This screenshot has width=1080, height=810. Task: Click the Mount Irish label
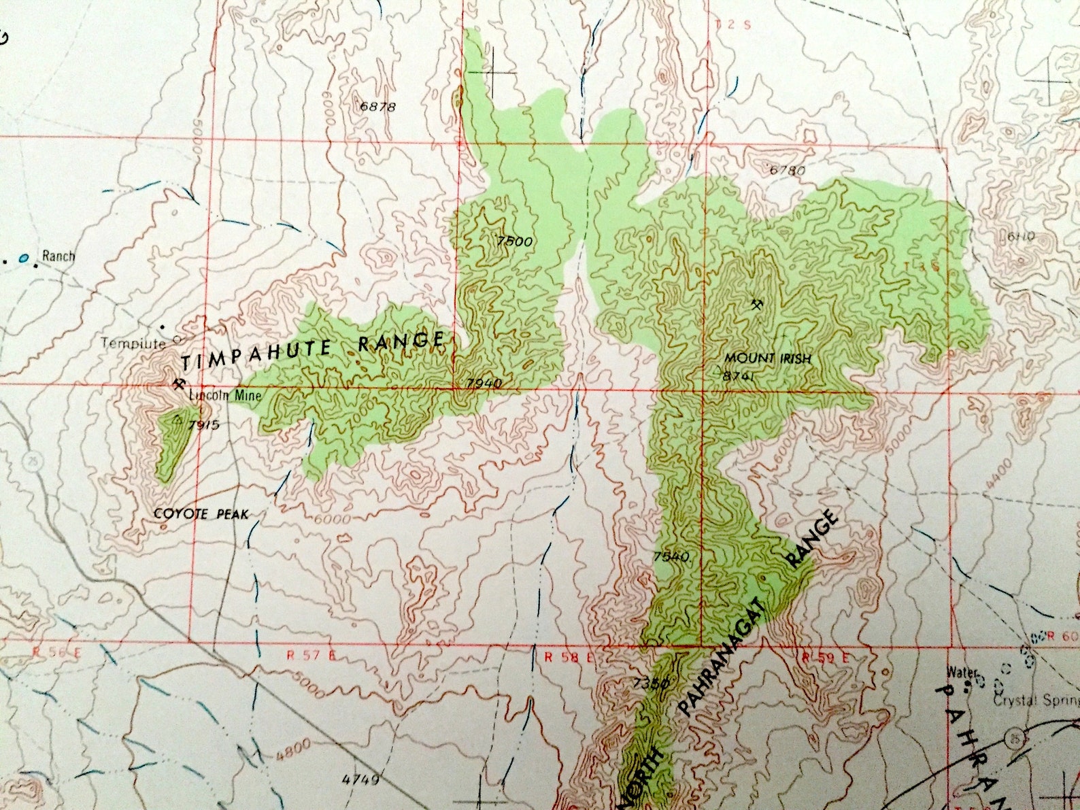click(767, 358)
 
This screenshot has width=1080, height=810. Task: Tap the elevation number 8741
click(740, 375)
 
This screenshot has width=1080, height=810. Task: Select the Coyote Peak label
click(201, 514)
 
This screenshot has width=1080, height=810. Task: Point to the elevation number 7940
click(484, 383)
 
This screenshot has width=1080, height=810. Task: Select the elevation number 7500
click(514, 241)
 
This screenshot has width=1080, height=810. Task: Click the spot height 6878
click(377, 107)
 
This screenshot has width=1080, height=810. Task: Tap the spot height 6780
click(788, 170)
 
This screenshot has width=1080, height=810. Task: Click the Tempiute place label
click(133, 343)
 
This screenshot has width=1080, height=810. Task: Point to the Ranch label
click(58, 256)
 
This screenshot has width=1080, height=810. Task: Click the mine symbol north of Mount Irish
click(756, 303)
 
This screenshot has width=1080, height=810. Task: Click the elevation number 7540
click(671, 556)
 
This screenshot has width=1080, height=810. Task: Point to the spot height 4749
click(361, 779)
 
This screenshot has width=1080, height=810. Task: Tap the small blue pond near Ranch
click(24, 258)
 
